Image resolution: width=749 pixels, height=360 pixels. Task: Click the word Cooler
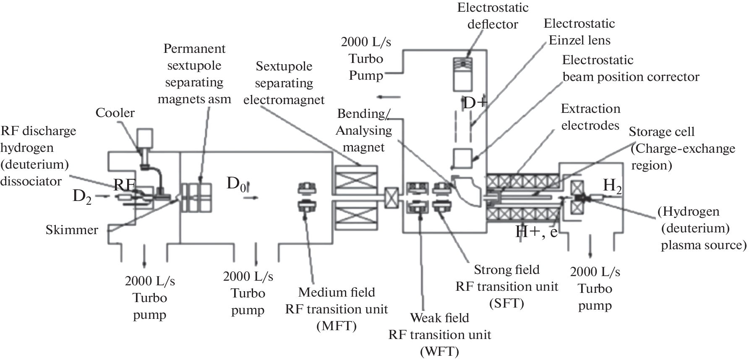click(x=115, y=113)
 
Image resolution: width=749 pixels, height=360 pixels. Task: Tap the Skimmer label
click(x=72, y=230)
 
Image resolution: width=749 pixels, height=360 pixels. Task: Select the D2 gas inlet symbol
click(x=82, y=196)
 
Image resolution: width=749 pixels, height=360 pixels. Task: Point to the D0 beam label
click(x=236, y=184)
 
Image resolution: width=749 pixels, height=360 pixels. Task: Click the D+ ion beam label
click(x=474, y=103)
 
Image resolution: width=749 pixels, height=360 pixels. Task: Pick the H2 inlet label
click(x=612, y=185)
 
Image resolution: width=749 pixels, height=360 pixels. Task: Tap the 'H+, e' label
click(x=536, y=232)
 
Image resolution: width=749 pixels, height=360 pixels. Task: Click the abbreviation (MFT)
click(x=337, y=326)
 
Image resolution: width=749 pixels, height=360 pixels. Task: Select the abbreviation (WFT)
click(x=439, y=351)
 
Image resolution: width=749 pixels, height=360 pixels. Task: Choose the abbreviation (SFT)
click(x=506, y=303)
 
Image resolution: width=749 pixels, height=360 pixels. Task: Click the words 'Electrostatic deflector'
click(x=493, y=16)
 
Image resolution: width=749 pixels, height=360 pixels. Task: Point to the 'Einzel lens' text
click(x=579, y=40)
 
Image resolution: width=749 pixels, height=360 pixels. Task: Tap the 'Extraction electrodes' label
click(x=590, y=117)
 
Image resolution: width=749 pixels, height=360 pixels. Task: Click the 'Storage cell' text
click(x=661, y=132)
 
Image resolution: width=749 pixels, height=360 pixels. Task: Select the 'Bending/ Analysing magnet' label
click(x=364, y=130)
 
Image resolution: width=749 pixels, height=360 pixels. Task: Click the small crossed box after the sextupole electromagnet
click(x=391, y=198)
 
